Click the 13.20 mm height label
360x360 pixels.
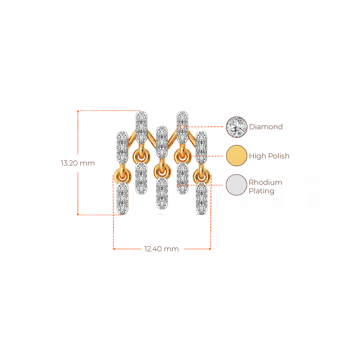click(78, 163)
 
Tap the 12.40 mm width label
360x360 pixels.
click(161, 249)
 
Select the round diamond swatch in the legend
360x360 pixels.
click(237, 127)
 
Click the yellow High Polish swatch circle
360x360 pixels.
click(237, 156)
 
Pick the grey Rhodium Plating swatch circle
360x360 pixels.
click(237, 185)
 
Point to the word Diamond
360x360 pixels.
click(266, 127)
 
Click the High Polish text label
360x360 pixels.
click(269, 156)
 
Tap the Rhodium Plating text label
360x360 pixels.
click(266, 187)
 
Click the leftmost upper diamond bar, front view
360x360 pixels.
click(122, 146)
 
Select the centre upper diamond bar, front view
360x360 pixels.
click(161, 141)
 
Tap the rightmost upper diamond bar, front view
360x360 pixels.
click(201, 146)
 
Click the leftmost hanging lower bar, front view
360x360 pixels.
click(122, 198)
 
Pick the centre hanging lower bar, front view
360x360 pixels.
click(162, 193)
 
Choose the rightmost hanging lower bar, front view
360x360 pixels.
click(202, 198)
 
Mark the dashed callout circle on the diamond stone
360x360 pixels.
click(182, 127)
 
